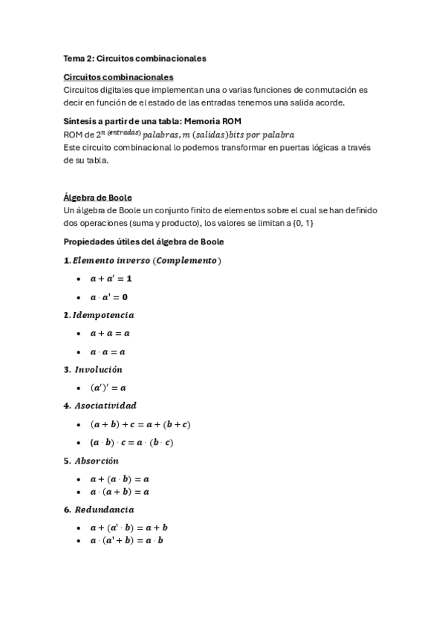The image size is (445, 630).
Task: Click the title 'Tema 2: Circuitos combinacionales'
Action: coord(134,57)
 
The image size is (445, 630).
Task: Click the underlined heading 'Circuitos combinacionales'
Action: coord(119,77)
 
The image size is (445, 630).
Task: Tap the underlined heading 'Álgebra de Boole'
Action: coord(97,197)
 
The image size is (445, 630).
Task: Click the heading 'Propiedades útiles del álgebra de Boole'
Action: coord(143,241)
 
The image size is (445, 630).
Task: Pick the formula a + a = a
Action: coord(110,334)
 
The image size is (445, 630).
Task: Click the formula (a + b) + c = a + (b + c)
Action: coord(140,424)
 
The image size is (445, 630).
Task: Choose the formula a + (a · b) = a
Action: coord(120,479)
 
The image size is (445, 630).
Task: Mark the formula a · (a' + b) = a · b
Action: coord(126,540)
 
